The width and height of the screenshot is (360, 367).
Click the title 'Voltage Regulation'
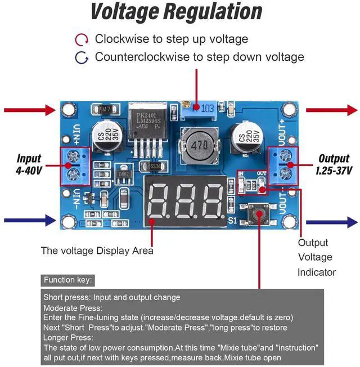[x=176, y=12]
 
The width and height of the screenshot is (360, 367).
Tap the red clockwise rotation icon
[x=82, y=39]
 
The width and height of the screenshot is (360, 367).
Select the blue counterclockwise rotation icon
[x=82, y=57]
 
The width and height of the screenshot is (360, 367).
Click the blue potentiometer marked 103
[x=200, y=108]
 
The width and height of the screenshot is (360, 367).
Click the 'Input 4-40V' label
[x=29, y=164]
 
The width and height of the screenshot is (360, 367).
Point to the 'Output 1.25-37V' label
[x=334, y=164]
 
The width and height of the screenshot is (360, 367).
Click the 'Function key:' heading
[x=68, y=280]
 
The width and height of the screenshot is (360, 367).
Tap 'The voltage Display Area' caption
[x=97, y=250]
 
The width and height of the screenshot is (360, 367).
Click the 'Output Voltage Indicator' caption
[x=316, y=257]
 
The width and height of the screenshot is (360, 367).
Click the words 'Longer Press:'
[x=68, y=337]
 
